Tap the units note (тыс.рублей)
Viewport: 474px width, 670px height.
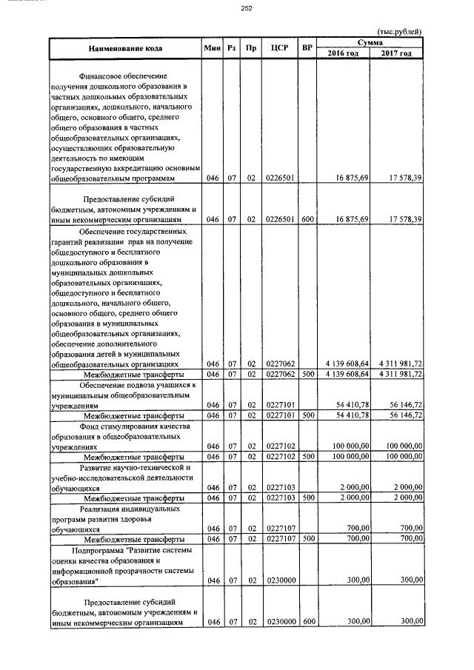click(x=399, y=31)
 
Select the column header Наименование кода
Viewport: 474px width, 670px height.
click(x=124, y=48)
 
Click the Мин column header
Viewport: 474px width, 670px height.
click(x=213, y=48)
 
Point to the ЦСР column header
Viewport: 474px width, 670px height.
click(x=279, y=48)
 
